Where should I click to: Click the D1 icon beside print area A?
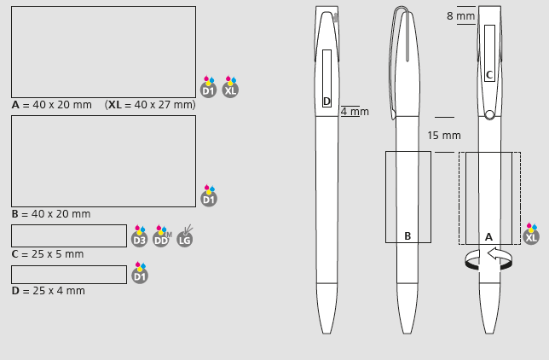pyautogui.click(x=208, y=87)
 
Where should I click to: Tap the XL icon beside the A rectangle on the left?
pyautogui.click(x=230, y=87)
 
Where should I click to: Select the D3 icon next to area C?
pyautogui.click(x=139, y=236)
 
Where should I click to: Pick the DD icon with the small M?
pyautogui.click(x=162, y=236)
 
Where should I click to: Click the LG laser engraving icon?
pyautogui.click(x=184, y=236)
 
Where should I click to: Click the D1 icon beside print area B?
pyautogui.click(x=209, y=195)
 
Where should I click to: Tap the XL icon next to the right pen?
pyautogui.click(x=531, y=234)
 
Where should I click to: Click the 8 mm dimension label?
pyautogui.click(x=460, y=15)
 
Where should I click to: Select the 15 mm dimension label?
pyautogui.click(x=444, y=136)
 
